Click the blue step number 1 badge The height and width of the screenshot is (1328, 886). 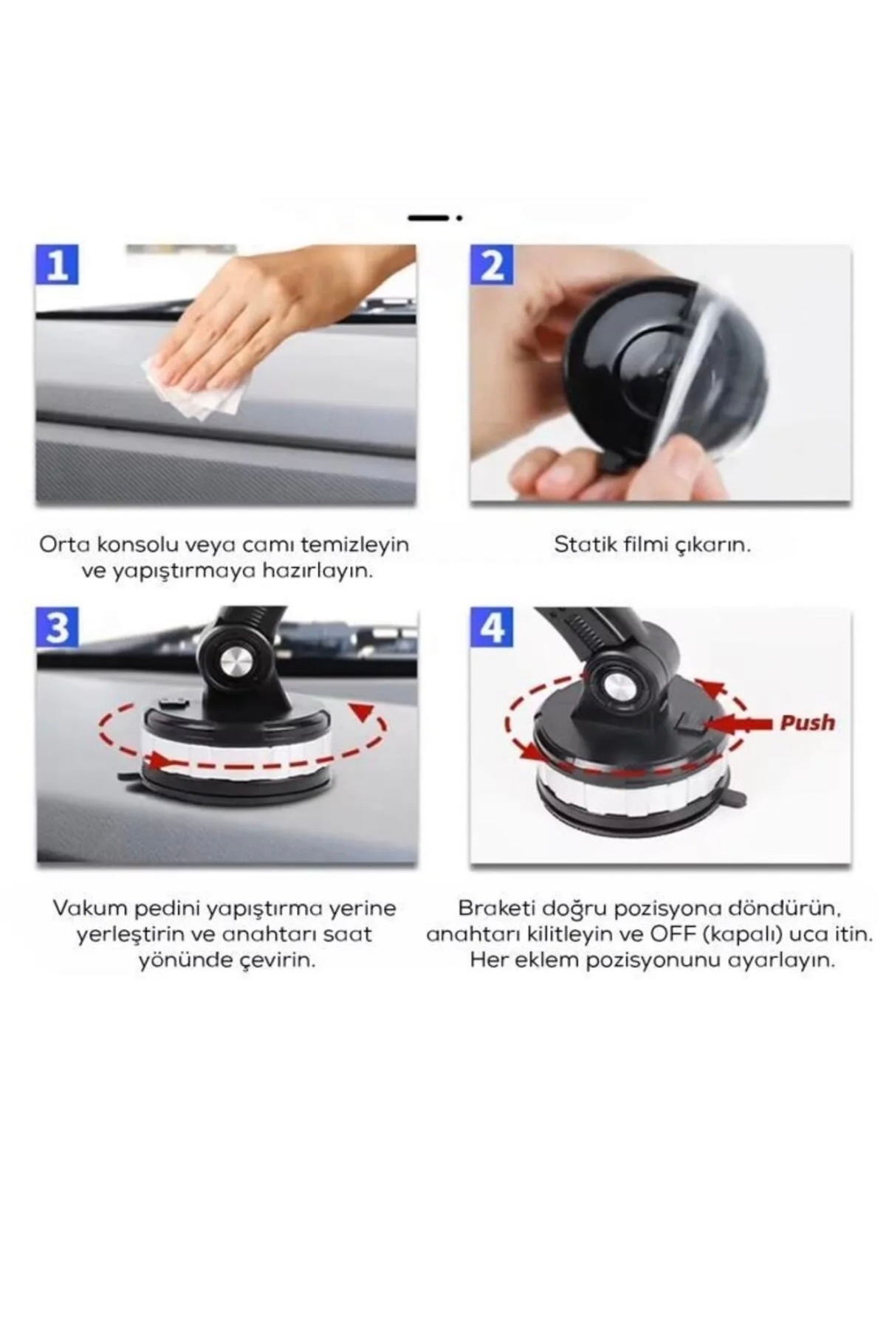point(58,265)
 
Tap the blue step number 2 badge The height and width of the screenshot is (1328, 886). point(492,265)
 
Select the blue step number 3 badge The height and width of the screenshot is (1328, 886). point(58,628)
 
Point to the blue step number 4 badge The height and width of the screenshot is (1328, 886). point(492,628)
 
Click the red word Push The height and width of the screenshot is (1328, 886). point(807,722)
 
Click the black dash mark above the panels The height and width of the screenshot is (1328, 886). point(428,218)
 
